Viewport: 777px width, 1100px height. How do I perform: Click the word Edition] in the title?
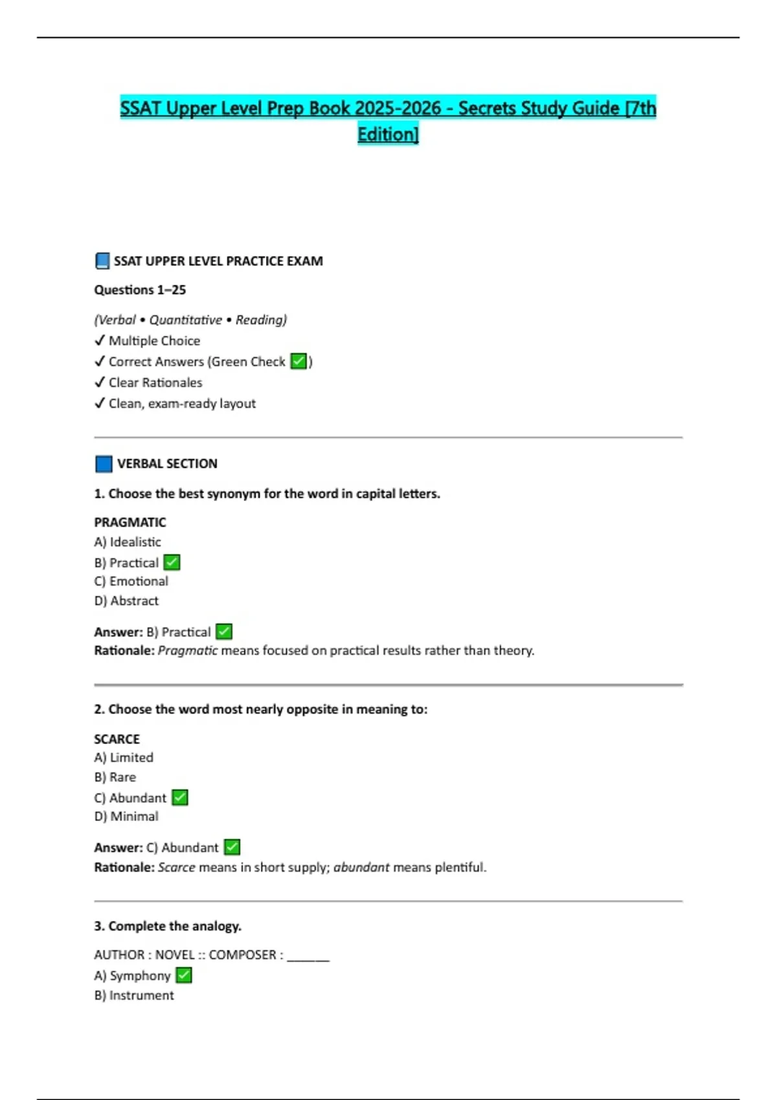(388, 134)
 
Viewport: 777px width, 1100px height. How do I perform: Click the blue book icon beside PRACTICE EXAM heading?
(102, 261)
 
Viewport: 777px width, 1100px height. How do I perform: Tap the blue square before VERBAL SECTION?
(104, 464)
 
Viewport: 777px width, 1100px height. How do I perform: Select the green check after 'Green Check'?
(298, 361)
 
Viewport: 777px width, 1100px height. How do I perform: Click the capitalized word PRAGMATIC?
(130, 522)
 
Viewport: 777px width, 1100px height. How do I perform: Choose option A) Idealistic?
(128, 542)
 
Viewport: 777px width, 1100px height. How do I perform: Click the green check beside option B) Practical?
(172, 562)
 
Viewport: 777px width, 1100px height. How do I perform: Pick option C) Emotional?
(131, 581)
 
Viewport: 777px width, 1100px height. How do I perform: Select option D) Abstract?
(126, 600)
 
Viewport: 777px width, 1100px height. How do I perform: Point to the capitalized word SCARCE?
(117, 739)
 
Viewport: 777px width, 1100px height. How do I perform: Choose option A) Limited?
(124, 758)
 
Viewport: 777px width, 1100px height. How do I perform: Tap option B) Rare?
(115, 777)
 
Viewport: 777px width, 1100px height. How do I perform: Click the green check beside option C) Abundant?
(181, 797)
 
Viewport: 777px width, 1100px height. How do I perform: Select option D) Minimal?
(126, 817)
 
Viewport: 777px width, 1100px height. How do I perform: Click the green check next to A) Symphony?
(184, 975)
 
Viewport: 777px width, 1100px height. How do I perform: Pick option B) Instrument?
(134, 995)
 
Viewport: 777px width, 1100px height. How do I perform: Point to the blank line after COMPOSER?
(308, 956)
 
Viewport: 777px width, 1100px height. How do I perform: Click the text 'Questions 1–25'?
(140, 290)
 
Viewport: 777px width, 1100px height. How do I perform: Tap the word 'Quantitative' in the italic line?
(186, 320)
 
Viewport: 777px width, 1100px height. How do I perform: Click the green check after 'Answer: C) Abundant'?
(232, 847)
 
